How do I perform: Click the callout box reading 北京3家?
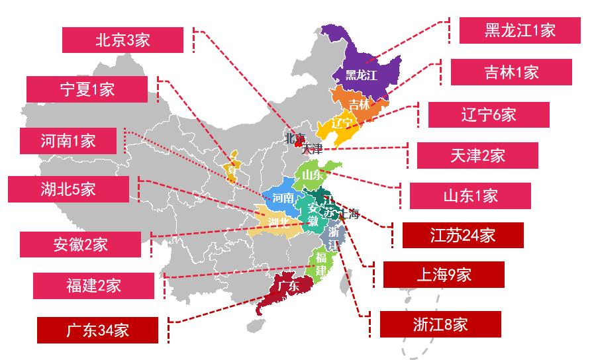click(123, 40)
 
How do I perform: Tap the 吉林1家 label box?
click(511, 72)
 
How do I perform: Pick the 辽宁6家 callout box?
click(489, 114)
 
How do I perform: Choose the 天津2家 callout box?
click(477, 156)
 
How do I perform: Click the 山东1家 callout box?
click(469, 196)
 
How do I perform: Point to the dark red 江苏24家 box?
click(462, 235)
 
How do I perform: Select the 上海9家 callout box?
click(444, 275)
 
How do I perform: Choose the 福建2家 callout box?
click(93, 285)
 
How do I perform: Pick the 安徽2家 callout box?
click(80, 244)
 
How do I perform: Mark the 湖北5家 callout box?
click(68, 189)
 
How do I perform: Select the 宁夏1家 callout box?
click(87, 89)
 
